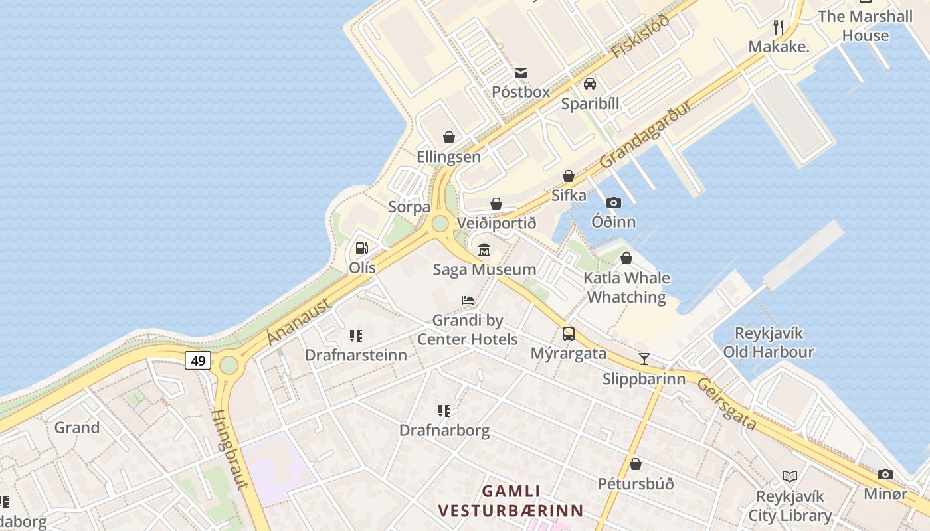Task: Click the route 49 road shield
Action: (197, 360)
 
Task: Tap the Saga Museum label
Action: (484, 269)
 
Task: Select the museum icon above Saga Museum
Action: (484, 250)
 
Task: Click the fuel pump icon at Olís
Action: (362, 248)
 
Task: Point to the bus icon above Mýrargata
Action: (569, 334)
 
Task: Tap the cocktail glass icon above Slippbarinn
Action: (644, 359)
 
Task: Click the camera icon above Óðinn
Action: (614, 202)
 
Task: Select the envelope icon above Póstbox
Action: (521, 72)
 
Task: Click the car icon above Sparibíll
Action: (590, 84)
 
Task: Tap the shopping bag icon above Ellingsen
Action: (449, 137)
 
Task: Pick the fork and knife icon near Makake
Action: (779, 27)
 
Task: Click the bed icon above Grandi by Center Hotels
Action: (468, 301)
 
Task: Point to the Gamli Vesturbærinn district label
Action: (510, 501)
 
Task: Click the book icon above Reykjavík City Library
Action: (790, 476)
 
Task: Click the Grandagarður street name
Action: (646, 134)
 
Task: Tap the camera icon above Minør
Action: (885, 474)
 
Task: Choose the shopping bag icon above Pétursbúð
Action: (636, 464)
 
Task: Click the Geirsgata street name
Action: (727, 404)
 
